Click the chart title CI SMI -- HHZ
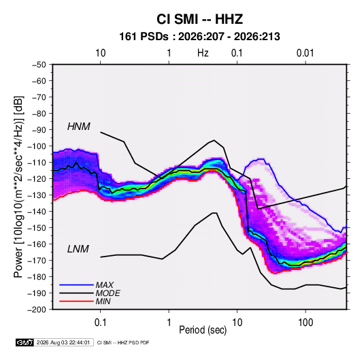pos(199,19)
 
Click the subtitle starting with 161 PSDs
pos(199,37)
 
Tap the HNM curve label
pos(79,127)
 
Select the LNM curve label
pos(78,249)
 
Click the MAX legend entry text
pos(105,285)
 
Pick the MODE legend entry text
pos(108,293)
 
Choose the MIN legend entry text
pos(103,301)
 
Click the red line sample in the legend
pos(76,301)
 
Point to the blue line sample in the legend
pos(76,285)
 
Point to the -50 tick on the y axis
pos(39,65)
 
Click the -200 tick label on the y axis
pos(37,310)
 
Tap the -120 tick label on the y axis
pos(37,178)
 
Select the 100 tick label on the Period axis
pos(305,323)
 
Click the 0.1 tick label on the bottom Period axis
pos(100,323)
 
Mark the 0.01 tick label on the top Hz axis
pos(305,53)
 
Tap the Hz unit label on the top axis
pos(203,53)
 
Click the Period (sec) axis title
pos(203,330)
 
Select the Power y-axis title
pos(18,187)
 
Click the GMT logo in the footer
pos(25,342)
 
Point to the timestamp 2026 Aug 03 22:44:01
pos(63,342)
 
